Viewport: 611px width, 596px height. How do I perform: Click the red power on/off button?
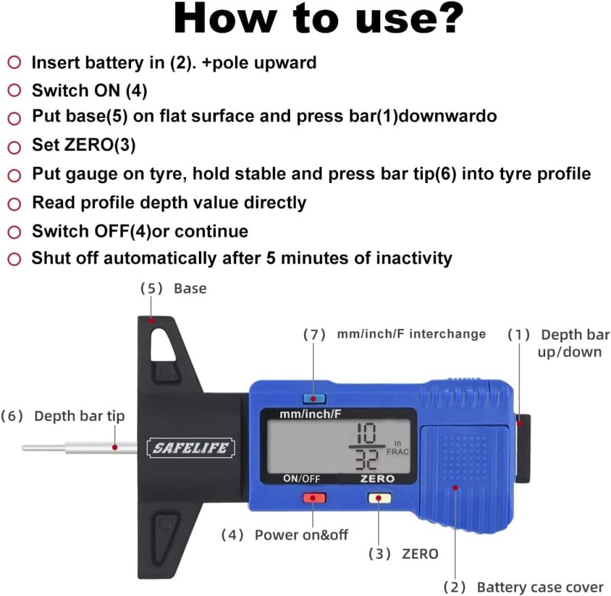[x=314, y=498]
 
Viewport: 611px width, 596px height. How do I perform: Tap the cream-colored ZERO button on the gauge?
[x=377, y=498]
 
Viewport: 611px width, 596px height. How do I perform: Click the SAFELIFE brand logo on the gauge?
[x=192, y=448]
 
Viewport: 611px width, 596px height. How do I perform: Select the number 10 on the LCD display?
[x=366, y=434]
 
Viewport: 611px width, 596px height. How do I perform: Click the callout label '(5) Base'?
[x=173, y=288]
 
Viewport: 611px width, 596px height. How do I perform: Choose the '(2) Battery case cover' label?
[x=523, y=587]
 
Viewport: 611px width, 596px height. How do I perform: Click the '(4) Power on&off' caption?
[x=284, y=535]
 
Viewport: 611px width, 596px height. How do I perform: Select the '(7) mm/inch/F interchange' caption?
[x=394, y=334]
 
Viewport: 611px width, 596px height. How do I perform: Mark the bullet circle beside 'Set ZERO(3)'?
[x=14, y=146]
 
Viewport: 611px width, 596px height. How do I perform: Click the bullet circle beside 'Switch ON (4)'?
[x=14, y=90]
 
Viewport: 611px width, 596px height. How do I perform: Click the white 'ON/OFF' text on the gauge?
[x=301, y=478]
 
